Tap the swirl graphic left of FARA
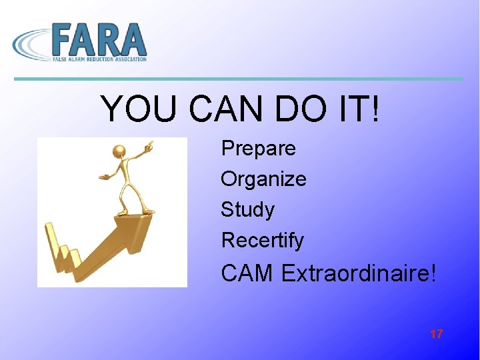tap(31, 43)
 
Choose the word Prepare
tap(258, 148)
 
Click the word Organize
tap(263, 179)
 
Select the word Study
tap(247, 209)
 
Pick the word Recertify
tap(262, 240)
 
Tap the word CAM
tap(247, 273)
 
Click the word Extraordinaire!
tap(359, 273)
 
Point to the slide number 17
tap(437, 334)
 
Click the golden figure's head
tap(121, 152)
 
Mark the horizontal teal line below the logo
tap(239, 79)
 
